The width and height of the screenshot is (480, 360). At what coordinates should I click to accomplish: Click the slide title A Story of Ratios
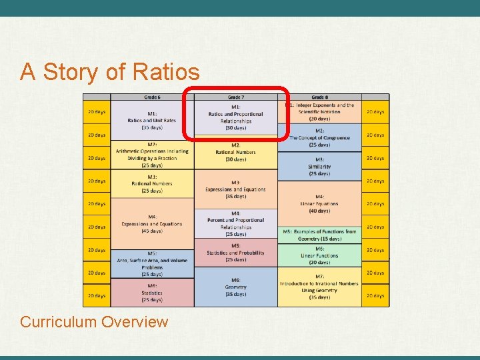(x=109, y=71)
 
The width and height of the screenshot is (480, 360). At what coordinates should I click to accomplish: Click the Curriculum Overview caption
(x=94, y=322)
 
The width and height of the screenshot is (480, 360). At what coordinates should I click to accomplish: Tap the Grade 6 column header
(x=152, y=97)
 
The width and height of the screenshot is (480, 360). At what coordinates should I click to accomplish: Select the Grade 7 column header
(x=235, y=97)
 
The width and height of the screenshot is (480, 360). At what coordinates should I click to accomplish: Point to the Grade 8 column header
(x=319, y=97)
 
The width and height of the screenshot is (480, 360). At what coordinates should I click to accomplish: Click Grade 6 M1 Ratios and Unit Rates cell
(x=152, y=120)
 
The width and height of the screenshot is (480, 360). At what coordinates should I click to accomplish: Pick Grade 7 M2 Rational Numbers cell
(x=235, y=153)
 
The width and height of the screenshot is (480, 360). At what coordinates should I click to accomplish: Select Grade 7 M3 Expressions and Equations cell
(x=235, y=189)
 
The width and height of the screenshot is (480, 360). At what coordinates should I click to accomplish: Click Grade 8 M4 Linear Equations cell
(x=319, y=203)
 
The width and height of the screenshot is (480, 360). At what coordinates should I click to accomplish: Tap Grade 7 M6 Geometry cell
(x=235, y=287)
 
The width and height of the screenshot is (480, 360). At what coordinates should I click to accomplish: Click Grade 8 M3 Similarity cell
(x=319, y=166)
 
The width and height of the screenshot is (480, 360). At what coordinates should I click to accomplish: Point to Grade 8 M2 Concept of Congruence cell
(x=319, y=137)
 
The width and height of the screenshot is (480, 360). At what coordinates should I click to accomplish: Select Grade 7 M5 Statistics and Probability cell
(x=235, y=253)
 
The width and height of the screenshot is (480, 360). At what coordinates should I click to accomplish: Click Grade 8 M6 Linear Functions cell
(x=319, y=255)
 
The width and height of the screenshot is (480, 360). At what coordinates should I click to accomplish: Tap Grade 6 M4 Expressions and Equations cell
(x=152, y=224)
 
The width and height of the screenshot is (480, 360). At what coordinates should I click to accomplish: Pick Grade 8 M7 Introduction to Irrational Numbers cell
(x=319, y=287)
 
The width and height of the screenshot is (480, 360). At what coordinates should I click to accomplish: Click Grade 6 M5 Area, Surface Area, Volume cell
(x=152, y=264)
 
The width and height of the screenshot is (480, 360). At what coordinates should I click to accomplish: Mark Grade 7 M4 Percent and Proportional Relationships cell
(x=235, y=223)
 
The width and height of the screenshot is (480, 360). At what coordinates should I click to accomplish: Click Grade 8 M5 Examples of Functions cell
(x=319, y=235)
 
